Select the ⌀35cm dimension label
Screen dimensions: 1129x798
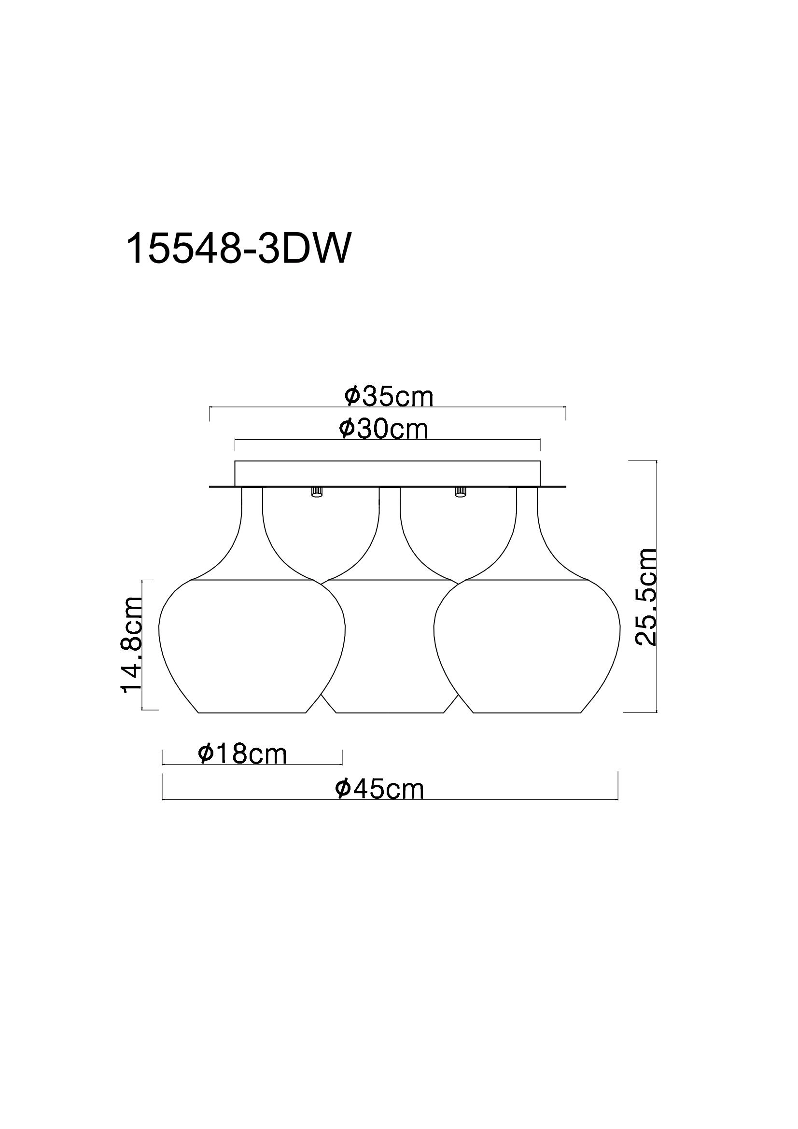389,397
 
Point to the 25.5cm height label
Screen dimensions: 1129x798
645,596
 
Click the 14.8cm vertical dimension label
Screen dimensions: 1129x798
132,645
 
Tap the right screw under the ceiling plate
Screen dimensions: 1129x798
460,492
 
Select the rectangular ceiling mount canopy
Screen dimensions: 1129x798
388,474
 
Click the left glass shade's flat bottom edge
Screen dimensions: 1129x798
252,712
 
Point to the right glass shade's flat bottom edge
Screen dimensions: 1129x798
527,712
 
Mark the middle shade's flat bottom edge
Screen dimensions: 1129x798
390,712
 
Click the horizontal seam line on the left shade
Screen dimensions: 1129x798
252,580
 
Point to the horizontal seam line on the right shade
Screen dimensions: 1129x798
527,580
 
